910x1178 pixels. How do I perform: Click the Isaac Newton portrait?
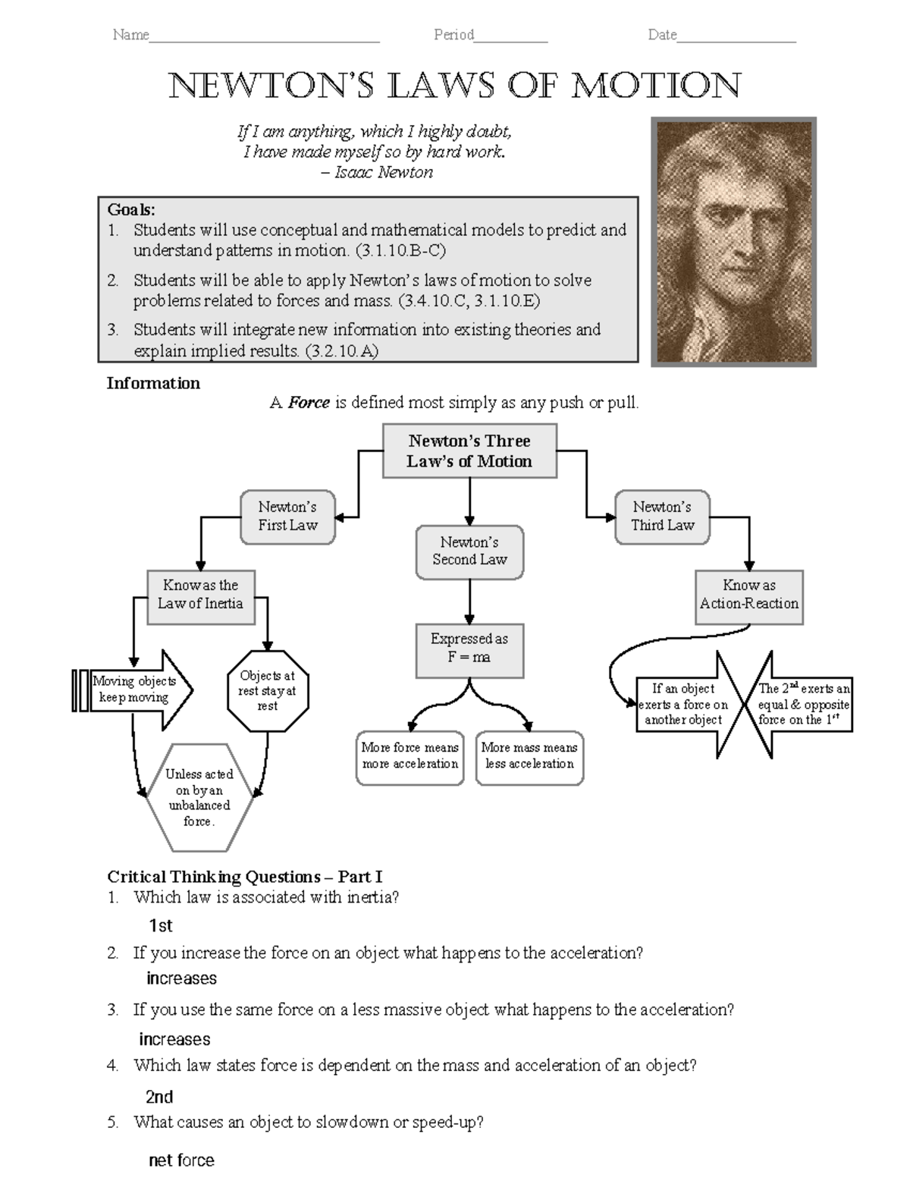[733, 242]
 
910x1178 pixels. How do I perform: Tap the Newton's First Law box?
[287, 517]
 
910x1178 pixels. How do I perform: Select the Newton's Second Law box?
[469, 551]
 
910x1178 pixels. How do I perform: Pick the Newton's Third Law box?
[662, 517]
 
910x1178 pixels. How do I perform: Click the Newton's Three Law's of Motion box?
[469, 451]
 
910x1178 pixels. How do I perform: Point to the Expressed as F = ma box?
[469, 649]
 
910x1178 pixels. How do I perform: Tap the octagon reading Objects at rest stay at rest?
[268, 690]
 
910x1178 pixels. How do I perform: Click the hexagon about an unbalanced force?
[199, 797]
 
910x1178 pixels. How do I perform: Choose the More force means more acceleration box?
[409, 756]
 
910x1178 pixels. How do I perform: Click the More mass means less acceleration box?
[529, 756]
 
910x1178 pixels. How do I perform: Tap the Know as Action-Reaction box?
[748, 595]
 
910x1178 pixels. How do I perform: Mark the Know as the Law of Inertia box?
[200, 595]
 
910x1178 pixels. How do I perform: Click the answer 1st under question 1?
[161, 925]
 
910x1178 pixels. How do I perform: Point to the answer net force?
[181, 1160]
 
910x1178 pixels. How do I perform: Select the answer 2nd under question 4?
[159, 1097]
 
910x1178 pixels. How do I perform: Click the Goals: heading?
[131, 209]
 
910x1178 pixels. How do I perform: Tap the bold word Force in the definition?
[309, 403]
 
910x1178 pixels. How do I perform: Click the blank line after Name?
[264, 36]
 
